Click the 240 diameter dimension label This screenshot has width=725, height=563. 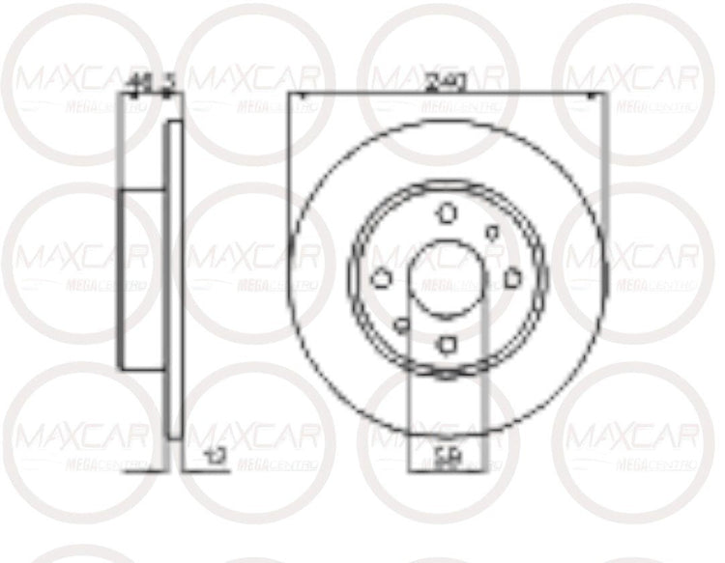tap(446, 83)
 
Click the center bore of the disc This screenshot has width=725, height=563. tap(446, 277)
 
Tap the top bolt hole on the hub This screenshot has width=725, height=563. tap(447, 213)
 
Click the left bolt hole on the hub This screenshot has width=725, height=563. tap(381, 278)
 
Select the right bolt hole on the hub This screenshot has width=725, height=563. tap(511, 278)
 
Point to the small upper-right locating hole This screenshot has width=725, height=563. tap(492, 232)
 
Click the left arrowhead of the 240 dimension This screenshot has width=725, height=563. tap(295, 94)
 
